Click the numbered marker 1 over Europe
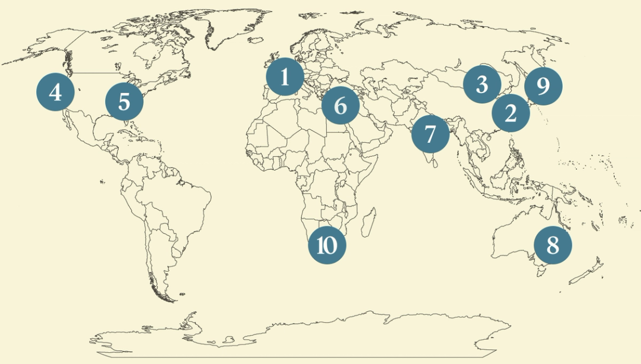coord(285,77)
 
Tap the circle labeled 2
coord(510,113)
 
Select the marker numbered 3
coord(482,85)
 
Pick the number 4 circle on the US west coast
coord(55,92)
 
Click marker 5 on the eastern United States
coord(124,102)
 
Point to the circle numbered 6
coord(341,105)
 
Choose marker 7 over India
coord(430,134)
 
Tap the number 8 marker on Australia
coord(552,245)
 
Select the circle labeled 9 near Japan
coord(543,86)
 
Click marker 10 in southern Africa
coord(327,245)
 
